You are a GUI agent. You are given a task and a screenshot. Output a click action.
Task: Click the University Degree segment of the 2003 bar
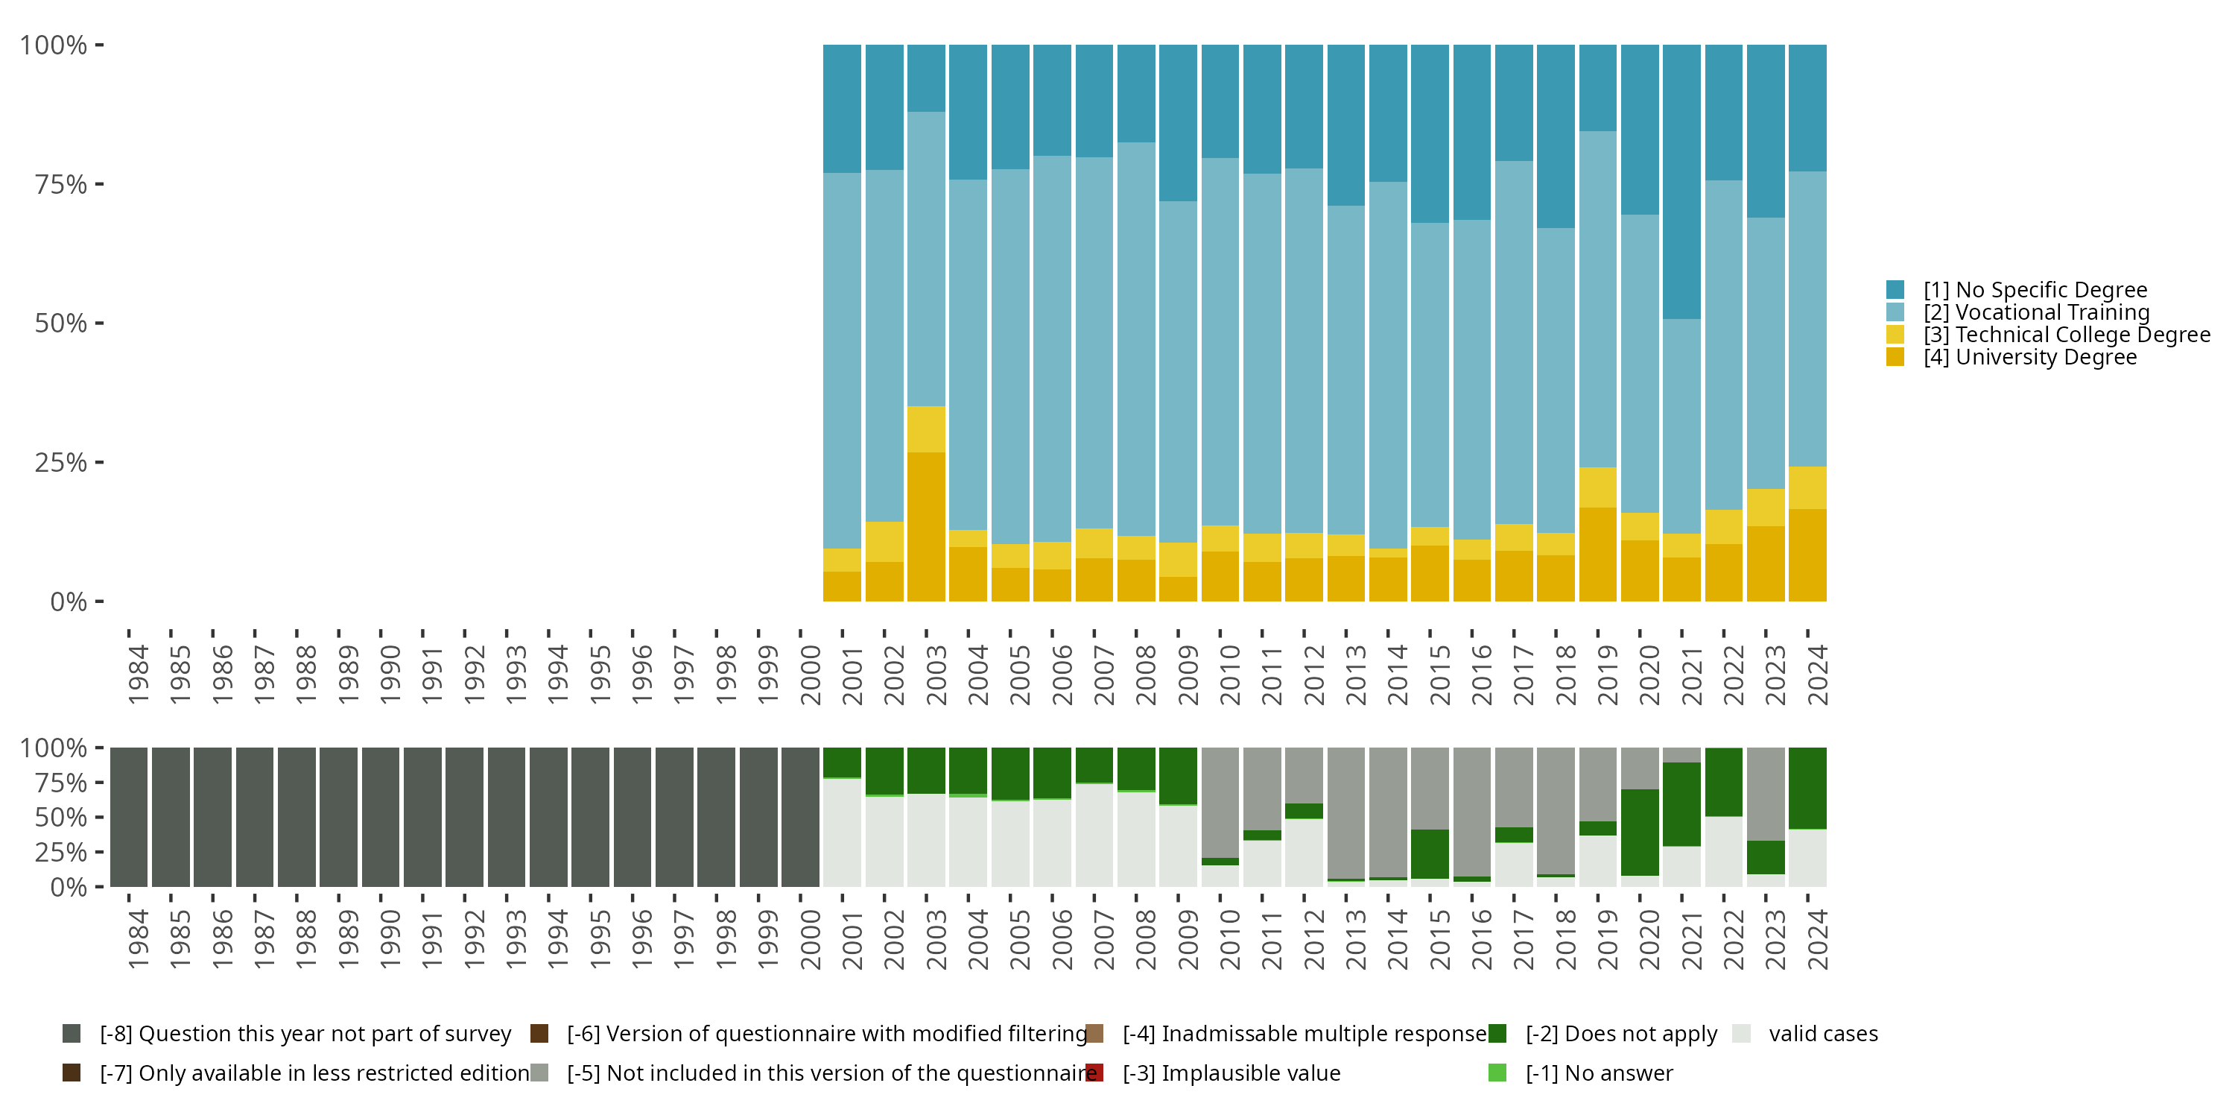(x=926, y=526)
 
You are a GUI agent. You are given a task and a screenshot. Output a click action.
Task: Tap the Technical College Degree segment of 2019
(x=1597, y=487)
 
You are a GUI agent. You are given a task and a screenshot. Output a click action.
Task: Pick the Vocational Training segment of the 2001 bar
(x=842, y=360)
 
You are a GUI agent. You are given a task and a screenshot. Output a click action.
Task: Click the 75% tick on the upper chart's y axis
(x=99, y=184)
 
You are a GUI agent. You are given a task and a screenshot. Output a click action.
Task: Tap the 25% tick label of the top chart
(x=61, y=463)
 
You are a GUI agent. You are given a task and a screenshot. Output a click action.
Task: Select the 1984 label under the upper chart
(x=138, y=675)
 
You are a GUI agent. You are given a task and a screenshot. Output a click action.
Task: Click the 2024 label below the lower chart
(x=1817, y=939)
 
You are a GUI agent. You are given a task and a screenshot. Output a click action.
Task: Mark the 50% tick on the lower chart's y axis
(x=99, y=817)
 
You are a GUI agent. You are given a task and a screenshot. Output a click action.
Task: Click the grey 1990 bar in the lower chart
(x=380, y=817)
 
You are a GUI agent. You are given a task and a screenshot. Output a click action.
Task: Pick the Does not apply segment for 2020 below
(x=1639, y=832)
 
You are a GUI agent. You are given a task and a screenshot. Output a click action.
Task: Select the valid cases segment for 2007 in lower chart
(x=1094, y=835)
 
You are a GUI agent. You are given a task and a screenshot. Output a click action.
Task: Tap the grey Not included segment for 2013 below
(x=1345, y=812)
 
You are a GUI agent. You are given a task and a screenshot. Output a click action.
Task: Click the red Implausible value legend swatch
(x=1095, y=1073)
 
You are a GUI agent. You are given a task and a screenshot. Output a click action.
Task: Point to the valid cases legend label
(x=1823, y=1034)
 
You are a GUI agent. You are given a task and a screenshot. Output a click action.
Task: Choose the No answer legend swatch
(x=1497, y=1073)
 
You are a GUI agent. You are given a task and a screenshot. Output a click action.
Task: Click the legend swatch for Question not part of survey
(x=72, y=1034)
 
